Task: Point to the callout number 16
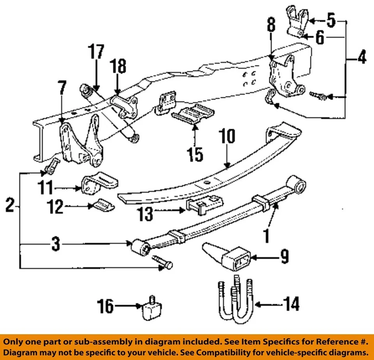click(106, 307)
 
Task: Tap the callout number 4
click(361, 58)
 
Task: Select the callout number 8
click(272, 26)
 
